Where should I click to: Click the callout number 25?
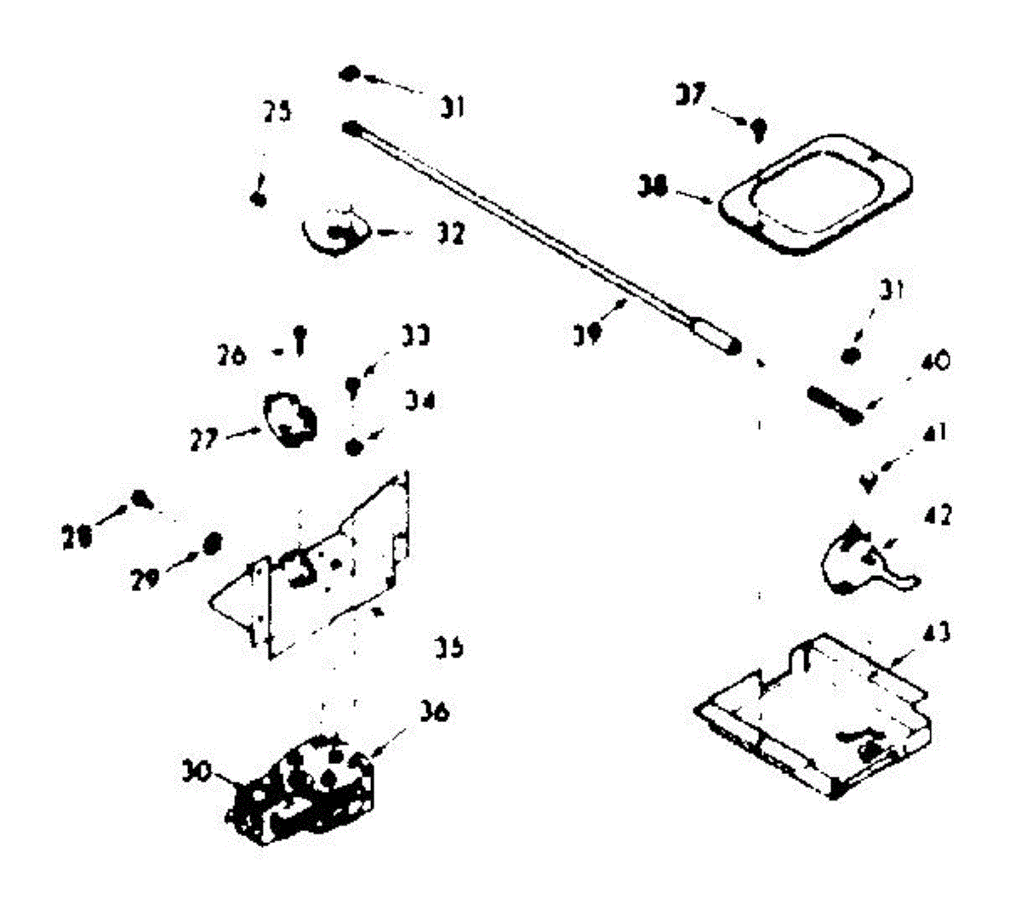coord(276,111)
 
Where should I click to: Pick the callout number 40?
coord(933,362)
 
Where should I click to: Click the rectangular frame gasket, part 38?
coord(815,193)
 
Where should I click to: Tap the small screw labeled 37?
coord(758,129)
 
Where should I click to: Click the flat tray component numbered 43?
coord(817,714)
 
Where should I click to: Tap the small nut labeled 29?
coord(213,541)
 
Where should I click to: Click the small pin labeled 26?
coord(299,339)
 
